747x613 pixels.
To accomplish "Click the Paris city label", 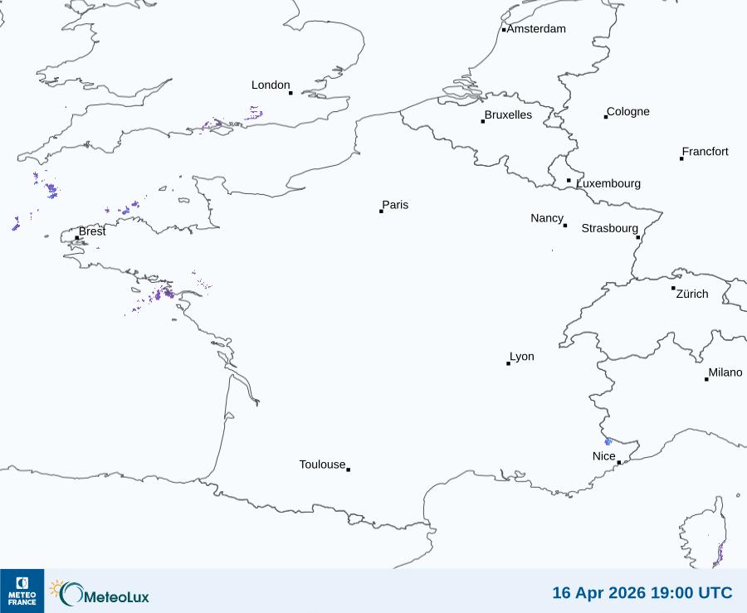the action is (395, 205).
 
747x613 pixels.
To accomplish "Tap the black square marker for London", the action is (290, 92).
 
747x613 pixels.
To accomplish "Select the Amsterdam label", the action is (536, 29).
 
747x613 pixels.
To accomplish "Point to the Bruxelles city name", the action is (508, 115).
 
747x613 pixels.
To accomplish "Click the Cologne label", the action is (628, 112).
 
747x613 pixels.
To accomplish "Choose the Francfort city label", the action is (705, 152).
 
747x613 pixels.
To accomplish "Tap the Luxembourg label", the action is (608, 183).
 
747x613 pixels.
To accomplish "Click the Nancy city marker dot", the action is (565, 226).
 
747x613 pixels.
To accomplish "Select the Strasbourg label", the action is (609, 228).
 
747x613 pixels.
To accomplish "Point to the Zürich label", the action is (692, 294).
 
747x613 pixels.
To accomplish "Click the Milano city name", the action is (725, 372).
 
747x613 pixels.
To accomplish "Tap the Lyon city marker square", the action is (509, 363).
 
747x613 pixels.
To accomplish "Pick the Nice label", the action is (603, 456).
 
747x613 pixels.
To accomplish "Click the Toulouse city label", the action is (322, 465).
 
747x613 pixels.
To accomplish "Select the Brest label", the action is (92, 231).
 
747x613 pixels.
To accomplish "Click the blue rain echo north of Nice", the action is (608, 441).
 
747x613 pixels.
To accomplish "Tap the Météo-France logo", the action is (22, 591).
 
